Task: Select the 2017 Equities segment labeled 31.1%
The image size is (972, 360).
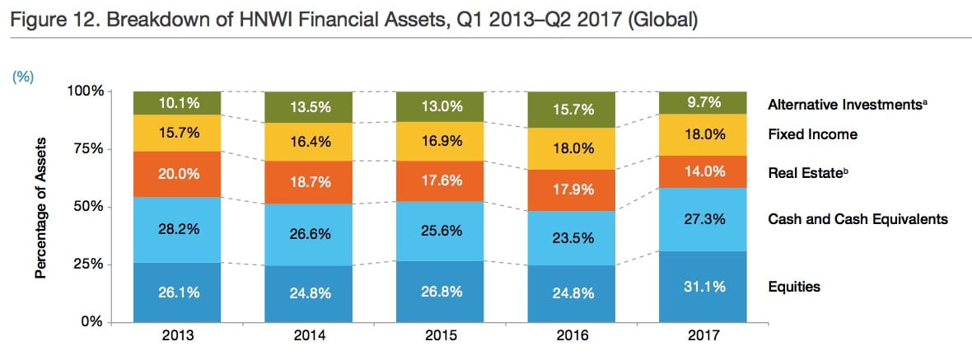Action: [703, 287]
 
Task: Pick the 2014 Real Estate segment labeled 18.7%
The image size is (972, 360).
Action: [308, 183]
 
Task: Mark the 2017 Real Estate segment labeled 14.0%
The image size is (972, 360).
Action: [703, 172]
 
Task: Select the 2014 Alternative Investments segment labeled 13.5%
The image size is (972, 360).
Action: [308, 107]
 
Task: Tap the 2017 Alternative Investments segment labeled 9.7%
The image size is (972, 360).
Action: [703, 103]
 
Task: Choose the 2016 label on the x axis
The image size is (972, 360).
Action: [572, 335]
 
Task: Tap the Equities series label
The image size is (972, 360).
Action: [794, 287]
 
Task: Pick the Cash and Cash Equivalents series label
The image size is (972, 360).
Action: [858, 219]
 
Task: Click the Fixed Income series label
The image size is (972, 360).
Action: [812, 134]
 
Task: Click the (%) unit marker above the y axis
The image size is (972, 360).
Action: [21, 75]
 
